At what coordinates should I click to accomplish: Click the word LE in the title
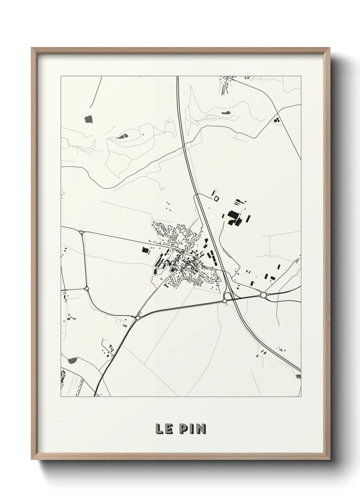pos(163,429)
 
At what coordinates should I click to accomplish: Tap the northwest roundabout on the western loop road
pos(82,233)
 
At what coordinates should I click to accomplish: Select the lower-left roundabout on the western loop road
pos(87,288)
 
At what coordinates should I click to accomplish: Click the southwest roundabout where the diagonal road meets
pos(138,318)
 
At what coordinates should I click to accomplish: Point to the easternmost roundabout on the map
pos(263,295)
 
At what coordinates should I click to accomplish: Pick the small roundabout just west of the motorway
pos(225,301)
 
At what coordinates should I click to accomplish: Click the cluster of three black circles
pos(277,120)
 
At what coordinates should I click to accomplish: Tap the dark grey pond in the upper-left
pos(88,119)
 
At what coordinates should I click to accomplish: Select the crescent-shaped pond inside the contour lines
pos(122,136)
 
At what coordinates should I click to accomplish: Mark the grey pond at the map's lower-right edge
pos(298,376)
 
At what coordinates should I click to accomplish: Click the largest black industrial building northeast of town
pos(233,216)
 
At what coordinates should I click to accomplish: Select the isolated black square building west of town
pos(145,250)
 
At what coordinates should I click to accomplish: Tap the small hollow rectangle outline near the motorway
pos(216,198)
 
